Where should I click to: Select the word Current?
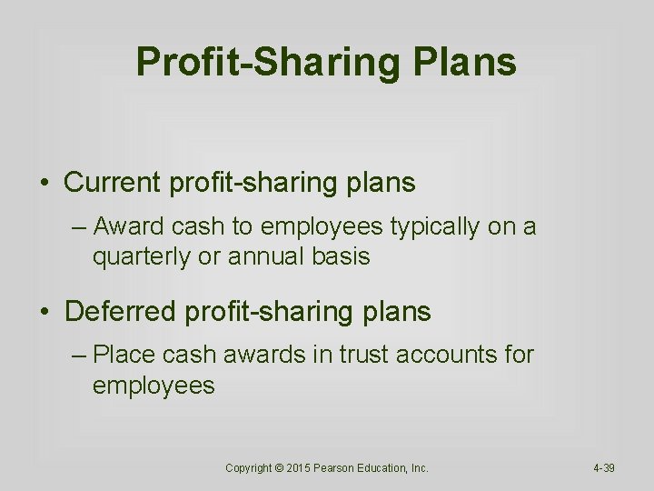pyautogui.click(x=113, y=183)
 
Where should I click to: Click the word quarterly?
pyautogui.click(x=140, y=256)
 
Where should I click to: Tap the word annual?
pyautogui.click(x=263, y=256)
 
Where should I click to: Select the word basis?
pyautogui.click(x=341, y=256)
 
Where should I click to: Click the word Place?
pyautogui.click(x=123, y=354)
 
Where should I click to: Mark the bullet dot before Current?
pyautogui.click(x=45, y=184)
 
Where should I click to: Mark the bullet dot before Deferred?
pyautogui.click(x=45, y=313)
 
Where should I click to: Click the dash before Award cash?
pyautogui.click(x=79, y=227)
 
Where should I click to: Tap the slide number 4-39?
pyautogui.click(x=603, y=468)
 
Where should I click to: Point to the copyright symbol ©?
pyautogui.click(x=278, y=468)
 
